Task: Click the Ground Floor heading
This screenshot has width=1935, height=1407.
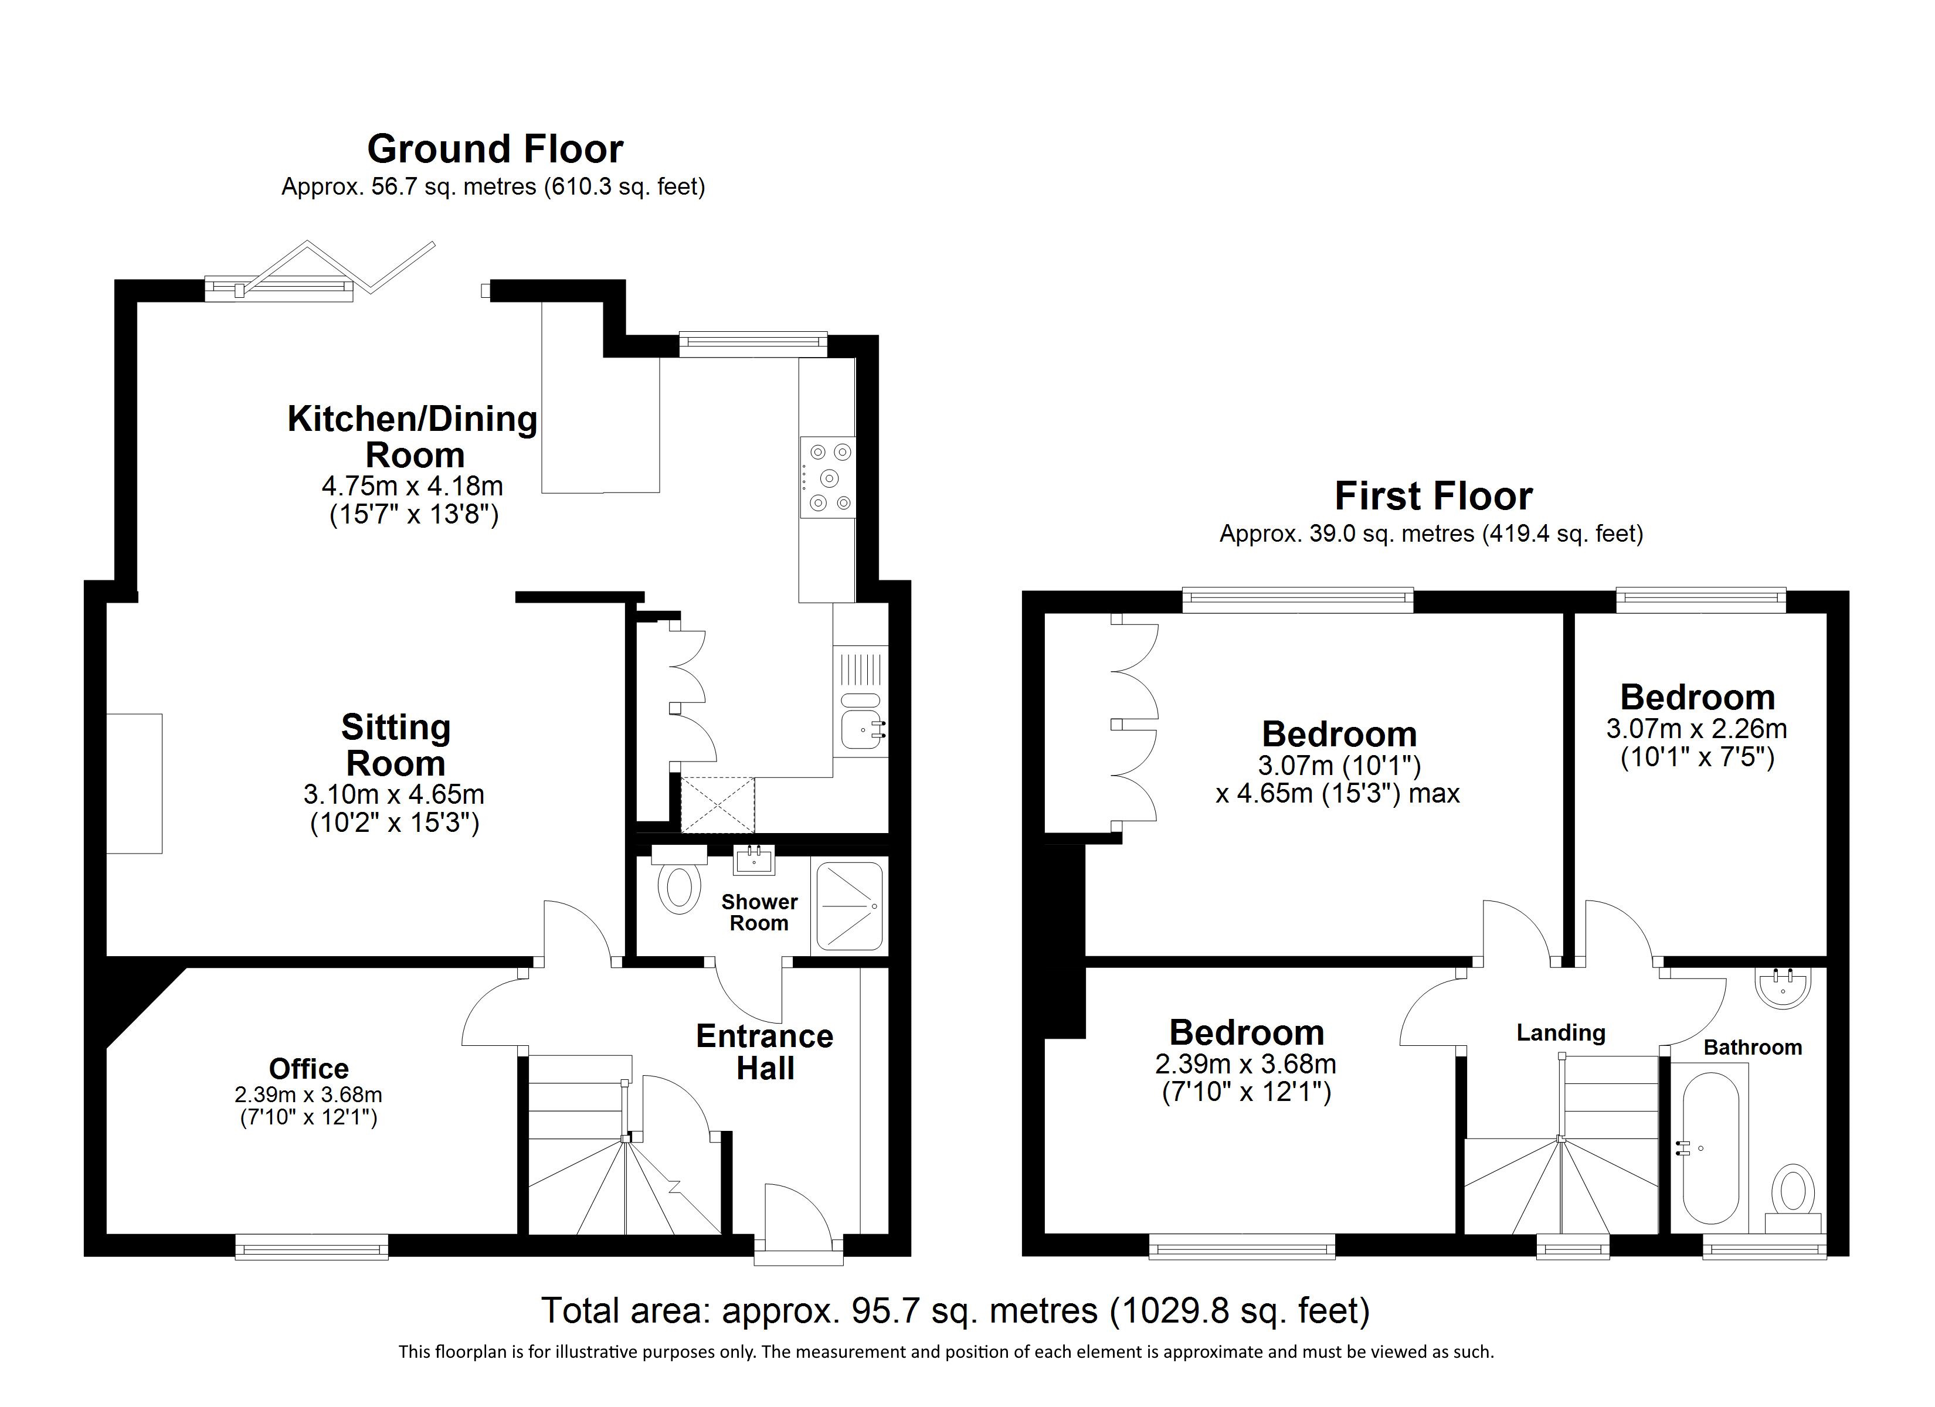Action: pos(495,149)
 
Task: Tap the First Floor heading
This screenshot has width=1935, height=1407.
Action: pos(1433,496)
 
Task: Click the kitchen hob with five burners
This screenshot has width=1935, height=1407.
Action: pos(827,477)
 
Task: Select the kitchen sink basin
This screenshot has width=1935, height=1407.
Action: pos(862,729)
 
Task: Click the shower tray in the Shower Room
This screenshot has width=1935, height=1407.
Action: pos(850,905)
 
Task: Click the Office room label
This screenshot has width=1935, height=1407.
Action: pos(309,1068)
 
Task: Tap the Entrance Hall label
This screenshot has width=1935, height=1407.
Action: pos(765,1052)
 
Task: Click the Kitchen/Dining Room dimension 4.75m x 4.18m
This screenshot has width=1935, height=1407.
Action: pos(412,487)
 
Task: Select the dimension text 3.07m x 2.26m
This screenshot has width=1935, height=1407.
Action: pos(1697,729)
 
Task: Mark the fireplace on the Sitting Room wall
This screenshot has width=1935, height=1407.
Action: pos(134,783)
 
